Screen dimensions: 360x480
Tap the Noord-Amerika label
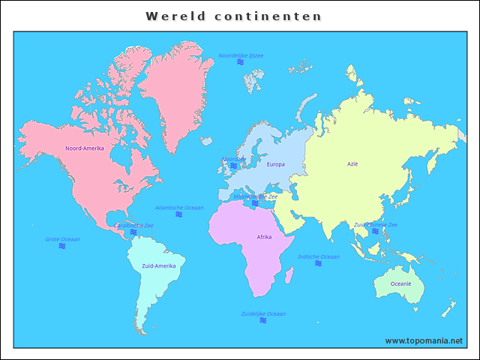(x=85, y=148)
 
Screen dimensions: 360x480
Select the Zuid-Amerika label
(x=158, y=266)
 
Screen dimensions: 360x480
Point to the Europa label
(x=275, y=164)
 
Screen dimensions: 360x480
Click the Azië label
(x=352, y=163)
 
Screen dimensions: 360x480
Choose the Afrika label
(x=264, y=237)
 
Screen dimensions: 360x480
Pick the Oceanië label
(x=400, y=283)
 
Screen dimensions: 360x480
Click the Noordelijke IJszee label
(x=241, y=55)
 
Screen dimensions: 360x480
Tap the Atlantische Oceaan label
(x=179, y=208)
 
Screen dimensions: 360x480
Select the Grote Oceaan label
(x=62, y=239)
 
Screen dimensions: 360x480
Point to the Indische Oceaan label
(x=318, y=256)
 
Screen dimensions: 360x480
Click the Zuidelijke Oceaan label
(x=263, y=313)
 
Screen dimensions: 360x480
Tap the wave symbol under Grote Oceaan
(x=62, y=246)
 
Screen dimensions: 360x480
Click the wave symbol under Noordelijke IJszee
(x=241, y=62)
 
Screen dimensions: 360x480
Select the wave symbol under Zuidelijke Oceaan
(x=263, y=320)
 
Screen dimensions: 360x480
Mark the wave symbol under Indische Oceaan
(x=318, y=264)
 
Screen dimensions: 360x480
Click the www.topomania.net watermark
(x=424, y=340)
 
